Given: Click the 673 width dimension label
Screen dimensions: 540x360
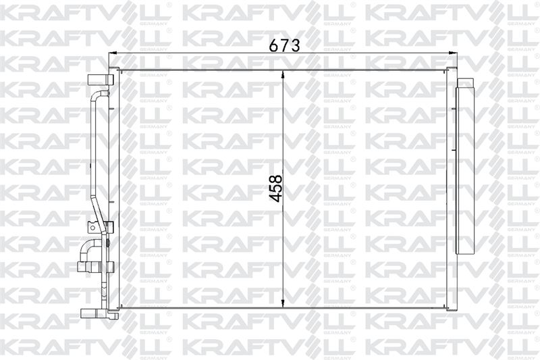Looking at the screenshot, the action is click(284, 45).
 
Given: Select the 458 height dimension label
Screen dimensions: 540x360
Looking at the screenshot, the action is click(276, 189).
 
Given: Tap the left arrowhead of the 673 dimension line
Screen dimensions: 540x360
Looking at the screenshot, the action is click(113, 53).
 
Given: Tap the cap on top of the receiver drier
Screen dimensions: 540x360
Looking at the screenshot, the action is click(466, 82).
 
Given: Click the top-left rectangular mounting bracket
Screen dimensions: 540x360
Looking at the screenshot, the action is click(101, 80).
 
